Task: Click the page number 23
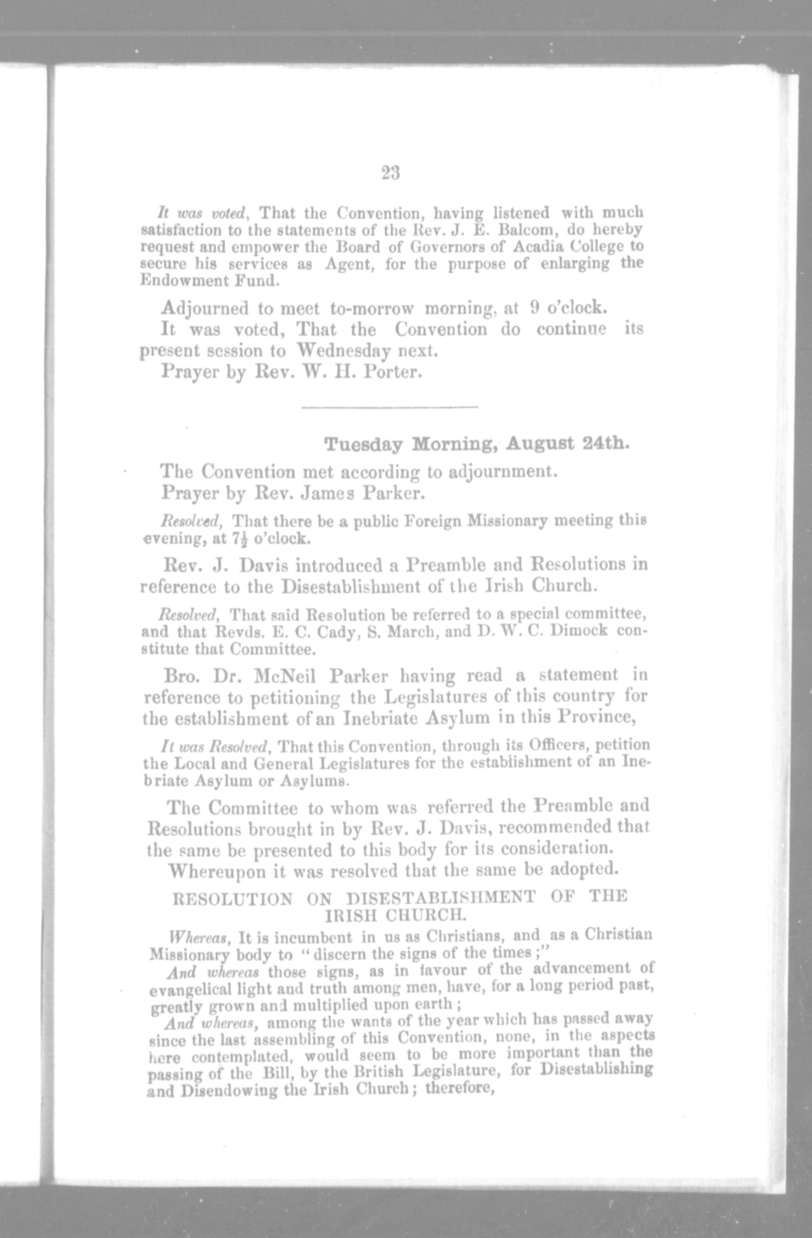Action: point(391,173)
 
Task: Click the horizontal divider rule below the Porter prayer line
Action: point(390,407)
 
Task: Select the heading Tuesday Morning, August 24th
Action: point(477,445)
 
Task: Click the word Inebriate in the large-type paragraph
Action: point(380,718)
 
